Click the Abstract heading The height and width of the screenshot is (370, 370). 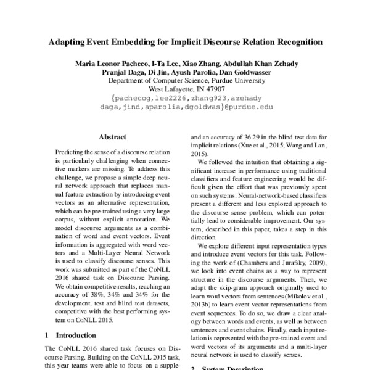click(112, 137)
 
